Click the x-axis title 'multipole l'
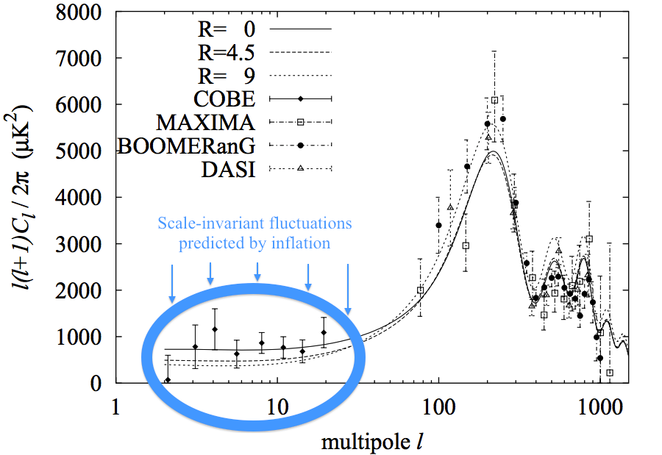(x=371, y=443)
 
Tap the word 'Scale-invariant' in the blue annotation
(x=202, y=223)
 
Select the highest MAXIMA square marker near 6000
(x=495, y=100)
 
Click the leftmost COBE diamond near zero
(x=168, y=380)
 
